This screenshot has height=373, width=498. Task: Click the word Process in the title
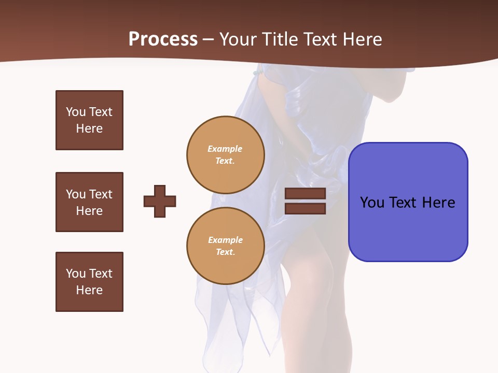(163, 39)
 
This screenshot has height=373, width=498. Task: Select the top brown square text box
(89, 120)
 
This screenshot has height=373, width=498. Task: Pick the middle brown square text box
(89, 202)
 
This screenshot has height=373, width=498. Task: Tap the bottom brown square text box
(89, 282)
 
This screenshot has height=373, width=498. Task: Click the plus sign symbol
(160, 201)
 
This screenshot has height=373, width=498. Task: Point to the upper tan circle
(225, 155)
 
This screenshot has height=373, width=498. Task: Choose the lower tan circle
(225, 246)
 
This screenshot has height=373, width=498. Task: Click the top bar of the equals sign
(305, 194)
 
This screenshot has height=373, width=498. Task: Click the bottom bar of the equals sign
(305, 209)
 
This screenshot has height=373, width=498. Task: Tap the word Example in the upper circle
(225, 149)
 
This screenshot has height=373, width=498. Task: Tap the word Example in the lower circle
(225, 240)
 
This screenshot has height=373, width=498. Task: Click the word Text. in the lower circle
(225, 252)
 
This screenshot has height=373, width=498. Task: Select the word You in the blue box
(372, 203)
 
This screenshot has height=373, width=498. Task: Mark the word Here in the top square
(89, 128)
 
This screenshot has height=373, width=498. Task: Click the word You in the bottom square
(76, 274)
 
